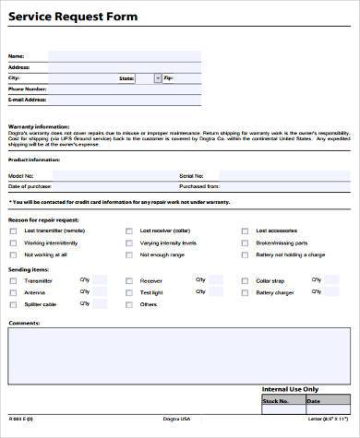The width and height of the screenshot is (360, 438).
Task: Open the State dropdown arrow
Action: (158, 78)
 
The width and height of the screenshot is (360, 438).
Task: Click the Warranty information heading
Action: (40, 125)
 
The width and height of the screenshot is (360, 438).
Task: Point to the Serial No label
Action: (192, 174)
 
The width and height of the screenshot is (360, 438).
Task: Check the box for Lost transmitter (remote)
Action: (13, 231)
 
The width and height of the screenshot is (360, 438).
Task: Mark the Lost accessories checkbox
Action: (245, 231)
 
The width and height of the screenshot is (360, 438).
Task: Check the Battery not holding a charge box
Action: (245, 254)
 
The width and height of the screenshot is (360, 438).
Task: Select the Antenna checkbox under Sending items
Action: (13, 291)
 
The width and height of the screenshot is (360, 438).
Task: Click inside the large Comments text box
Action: (179, 355)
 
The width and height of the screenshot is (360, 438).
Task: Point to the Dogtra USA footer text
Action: (176, 431)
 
